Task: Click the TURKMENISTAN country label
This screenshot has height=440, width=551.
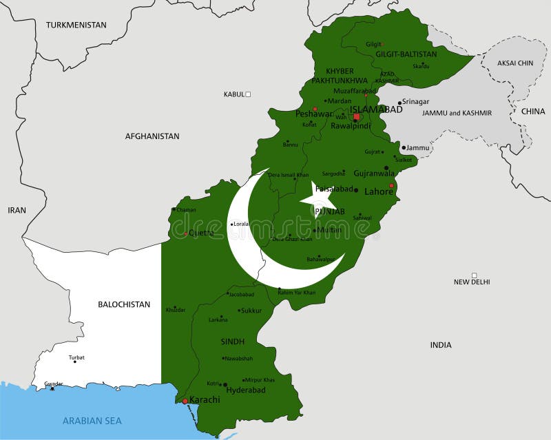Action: point(76,25)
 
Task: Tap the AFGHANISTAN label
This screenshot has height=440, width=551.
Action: point(152,136)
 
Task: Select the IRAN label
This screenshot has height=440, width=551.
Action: point(17,210)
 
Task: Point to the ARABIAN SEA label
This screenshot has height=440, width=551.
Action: point(92,420)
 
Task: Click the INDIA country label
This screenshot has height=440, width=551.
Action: point(441,345)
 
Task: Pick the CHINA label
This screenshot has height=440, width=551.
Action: point(532,111)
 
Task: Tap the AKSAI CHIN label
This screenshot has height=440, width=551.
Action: point(516,63)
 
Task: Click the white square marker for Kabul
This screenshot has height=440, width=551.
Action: point(249,94)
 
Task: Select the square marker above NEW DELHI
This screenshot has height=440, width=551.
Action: point(474,275)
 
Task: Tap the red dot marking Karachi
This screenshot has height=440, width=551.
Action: point(185,401)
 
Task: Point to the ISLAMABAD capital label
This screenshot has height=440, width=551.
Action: point(376,109)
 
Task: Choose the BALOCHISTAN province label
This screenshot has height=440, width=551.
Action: point(124,304)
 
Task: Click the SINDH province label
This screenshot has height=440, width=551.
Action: point(233,342)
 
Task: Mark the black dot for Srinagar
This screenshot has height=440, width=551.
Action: point(399,103)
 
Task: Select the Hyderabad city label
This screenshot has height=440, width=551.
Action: point(246,390)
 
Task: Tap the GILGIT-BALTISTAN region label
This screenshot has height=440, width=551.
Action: point(406,54)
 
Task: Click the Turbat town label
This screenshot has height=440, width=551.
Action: point(76,357)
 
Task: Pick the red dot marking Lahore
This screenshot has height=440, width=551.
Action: point(391,185)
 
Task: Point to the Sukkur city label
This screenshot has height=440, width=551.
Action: point(251,311)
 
